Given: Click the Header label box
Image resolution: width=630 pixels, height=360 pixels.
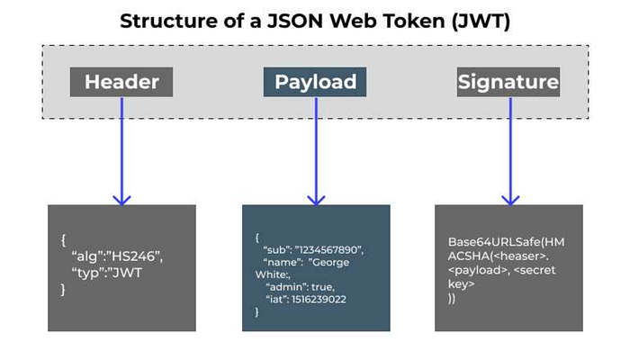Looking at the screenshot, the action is point(121,82).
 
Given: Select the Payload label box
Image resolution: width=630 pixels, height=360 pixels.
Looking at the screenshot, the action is point(315,82).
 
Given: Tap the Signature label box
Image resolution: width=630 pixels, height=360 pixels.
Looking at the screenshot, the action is point(508,82).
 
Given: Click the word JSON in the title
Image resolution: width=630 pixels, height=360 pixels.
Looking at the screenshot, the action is point(295,21).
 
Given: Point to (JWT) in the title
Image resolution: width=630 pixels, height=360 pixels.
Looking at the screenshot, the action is point(481,22).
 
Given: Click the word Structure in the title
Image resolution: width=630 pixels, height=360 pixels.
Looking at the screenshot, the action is point(168,21).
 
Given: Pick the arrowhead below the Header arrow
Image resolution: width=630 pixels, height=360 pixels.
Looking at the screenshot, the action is point(121,200).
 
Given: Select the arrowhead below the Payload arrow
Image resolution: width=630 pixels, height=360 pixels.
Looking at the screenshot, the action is point(316,200).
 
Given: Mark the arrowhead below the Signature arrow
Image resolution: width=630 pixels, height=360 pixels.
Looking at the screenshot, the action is point(510,200).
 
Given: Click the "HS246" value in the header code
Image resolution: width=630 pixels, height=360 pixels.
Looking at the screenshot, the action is point(135,256).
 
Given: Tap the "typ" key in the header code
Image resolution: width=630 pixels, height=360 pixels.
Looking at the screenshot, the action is point(85,274).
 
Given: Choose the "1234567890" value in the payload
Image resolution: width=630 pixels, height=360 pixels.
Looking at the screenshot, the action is point(329,250).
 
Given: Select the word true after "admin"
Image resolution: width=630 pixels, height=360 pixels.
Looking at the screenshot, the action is point(322,287).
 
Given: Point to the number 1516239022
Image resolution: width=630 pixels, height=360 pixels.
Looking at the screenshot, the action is point(319,300).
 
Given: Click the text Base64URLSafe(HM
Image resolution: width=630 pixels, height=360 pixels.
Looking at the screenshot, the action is point(506,242).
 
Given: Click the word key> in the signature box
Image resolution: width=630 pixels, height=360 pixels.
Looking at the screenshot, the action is point(461,284).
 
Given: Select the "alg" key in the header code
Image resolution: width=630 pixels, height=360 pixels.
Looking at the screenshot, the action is point(86,256).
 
